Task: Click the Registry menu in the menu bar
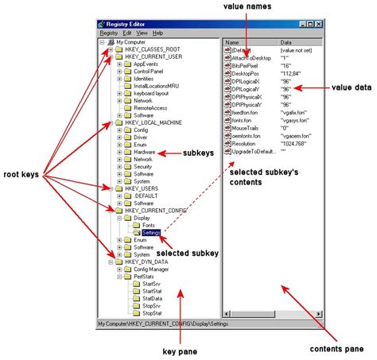[x=108, y=33]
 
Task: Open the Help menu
[x=157, y=33]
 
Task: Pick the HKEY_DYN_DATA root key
[x=146, y=261]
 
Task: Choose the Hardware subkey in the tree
[x=144, y=151]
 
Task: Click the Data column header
[x=286, y=43]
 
